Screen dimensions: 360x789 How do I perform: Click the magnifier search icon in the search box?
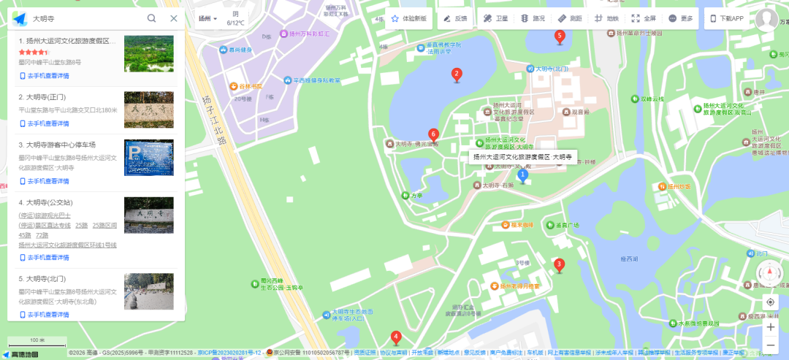tap(151, 18)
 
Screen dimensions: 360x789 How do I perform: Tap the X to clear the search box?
tap(173, 18)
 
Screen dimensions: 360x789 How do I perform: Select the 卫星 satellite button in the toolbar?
tap(496, 18)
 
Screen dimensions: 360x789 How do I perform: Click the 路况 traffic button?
tap(533, 18)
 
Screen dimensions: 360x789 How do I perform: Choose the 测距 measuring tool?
tap(570, 18)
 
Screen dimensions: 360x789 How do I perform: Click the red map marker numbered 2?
tap(457, 74)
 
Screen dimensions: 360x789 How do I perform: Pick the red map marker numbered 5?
tap(560, 36)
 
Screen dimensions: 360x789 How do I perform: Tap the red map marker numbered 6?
tap(433, 134)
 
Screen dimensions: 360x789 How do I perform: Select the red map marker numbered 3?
tap(559, 265)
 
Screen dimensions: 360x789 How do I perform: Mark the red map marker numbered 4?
tap(396, 337)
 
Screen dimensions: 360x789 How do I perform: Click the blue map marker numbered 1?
tap(522, 175)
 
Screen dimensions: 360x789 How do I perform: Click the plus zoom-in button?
tap(771, 326)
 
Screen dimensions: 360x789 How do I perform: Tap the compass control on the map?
tap(769, 274)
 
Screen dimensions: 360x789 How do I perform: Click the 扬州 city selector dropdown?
tap(208, 18)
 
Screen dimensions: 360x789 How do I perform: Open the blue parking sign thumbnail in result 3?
tap(149, 158)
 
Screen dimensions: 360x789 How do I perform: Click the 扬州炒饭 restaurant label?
tap(679, 186)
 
